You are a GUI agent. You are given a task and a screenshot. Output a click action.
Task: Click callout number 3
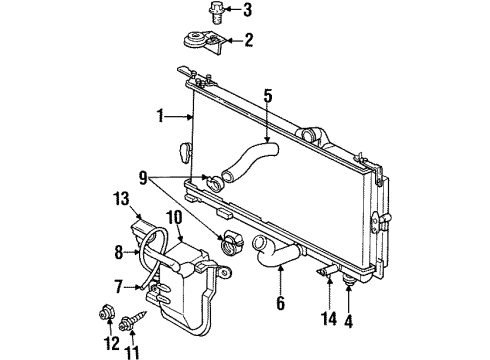pos(234,11)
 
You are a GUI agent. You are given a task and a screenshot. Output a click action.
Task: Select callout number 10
pos(173,217)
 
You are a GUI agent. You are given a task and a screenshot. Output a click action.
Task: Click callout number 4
pos(349,319)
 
